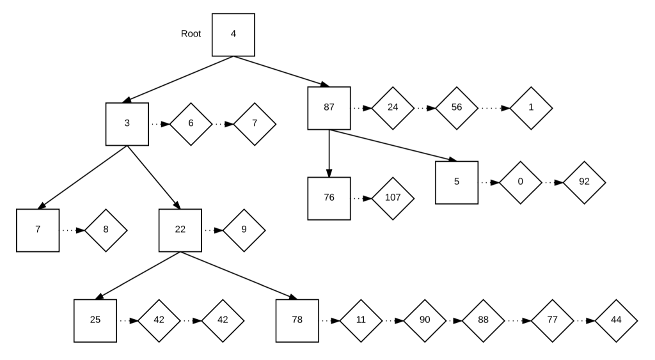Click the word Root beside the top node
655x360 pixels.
pyautogui.click(x=191, y=34)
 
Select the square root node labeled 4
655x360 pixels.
pyautogui.click(x=233, y=34)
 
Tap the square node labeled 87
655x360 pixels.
pyautogui.click(x=329, y=107)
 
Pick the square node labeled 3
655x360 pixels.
pyautogui.click(x=127, y=123)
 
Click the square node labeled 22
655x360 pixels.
pyautogui.click(x=180, y=230)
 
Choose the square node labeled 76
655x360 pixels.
pyautogui.click(x=329, y=198)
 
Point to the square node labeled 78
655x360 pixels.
pyautogui.click(x=297, y=320)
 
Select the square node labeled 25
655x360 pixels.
pyautogui.click(x=95, y=320)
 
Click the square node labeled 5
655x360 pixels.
pyautogui.click(x=457, y=182)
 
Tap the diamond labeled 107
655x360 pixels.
pyautogui.click(x=393, y=198)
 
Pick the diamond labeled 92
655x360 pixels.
pyautogui.click(x=584, y=182)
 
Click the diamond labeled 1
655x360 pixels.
pyautogui.click(x=531, y=107)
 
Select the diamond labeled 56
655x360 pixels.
pyautogui.click(x=457, y=107)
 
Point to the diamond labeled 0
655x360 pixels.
pyautogui.click(x=520, y=182)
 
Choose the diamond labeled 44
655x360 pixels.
pyautogui.click(x=616, y=320)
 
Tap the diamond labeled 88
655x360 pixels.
pyautogui.click(x=483, y=320)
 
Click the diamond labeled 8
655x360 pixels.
pyautogui.click(x=106, y=230)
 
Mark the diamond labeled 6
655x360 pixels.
pyautogui.click(x=191, y=123)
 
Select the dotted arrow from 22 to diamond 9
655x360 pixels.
pyautogui.click(x=212, y=230)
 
